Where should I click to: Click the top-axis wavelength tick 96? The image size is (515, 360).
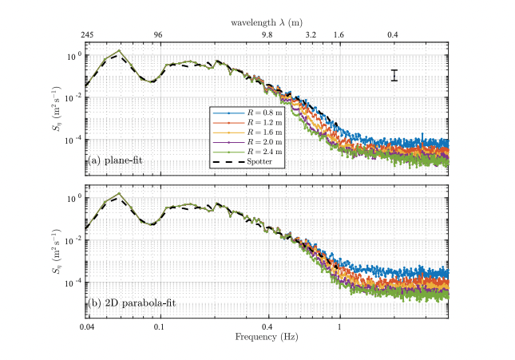coord(158,36)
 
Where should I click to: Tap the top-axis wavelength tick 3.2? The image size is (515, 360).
coord(311,36)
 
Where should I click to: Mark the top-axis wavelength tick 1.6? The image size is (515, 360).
coord(339,36)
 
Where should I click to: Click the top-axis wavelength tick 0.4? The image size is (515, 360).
coord(393,36)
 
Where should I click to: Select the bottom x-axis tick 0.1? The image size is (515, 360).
coord(158,327)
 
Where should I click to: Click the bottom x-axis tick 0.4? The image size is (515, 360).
coord(267,327)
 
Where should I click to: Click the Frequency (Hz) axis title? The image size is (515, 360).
coord(267,337)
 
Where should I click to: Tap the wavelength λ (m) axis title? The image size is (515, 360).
coord(267,24)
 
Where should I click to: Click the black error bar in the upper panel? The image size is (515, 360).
coord(394,75)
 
